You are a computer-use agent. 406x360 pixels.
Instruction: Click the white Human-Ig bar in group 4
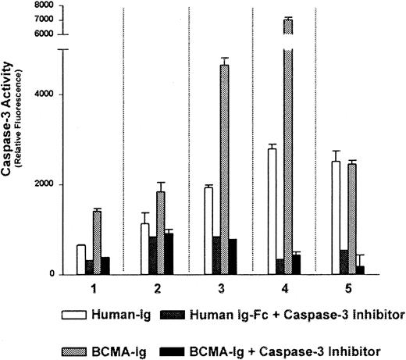(x=272, y=211)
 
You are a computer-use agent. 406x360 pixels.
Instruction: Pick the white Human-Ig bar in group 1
(x=81, y=259)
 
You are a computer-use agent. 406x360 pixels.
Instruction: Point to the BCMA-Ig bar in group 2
(x=160, y=233)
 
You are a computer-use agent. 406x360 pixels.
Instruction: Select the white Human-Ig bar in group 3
(x=208, y=230)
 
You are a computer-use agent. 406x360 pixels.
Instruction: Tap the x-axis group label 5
(x=351, y=288)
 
